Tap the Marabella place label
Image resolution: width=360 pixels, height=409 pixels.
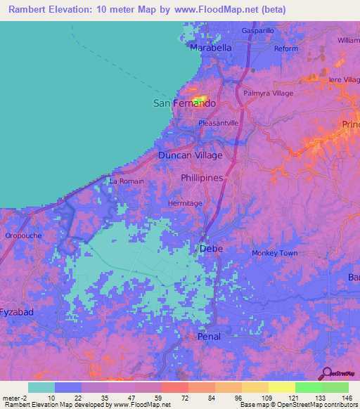click(x=211, y=47)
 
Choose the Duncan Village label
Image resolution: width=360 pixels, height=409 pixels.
click(x=190, y=155)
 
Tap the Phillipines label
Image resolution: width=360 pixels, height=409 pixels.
click(x=202, y=178)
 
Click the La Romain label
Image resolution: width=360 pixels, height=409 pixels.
click(x=127, y=181)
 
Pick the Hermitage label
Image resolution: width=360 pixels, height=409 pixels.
click(x=185, y=203)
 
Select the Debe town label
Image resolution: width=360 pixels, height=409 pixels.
click(x=211, y=249)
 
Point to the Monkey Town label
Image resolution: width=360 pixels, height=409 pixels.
click(x=275, y=253)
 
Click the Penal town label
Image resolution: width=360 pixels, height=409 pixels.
click(x=209, y=337)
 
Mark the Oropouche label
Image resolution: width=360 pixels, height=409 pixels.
click(x=24, y=236)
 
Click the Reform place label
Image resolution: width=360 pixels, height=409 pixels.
click(x=286, y=48)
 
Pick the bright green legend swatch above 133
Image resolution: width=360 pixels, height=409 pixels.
click(x=309, y=387)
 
